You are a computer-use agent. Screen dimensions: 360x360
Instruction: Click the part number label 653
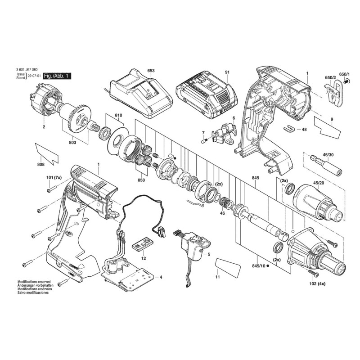pyautogui.click(x=151, y=71)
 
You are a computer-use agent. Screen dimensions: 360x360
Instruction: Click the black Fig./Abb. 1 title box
pyautogui.click(x=57, y=76)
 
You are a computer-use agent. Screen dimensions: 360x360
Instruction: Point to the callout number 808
pyautogui.click(x=40, y=164)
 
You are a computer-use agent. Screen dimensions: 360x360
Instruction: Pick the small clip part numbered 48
pyautogui.click(x=289, y=129)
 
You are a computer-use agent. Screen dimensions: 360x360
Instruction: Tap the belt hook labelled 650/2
pyautogui.click(x=333, y=91)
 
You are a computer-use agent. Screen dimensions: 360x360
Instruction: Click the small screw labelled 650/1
pyautogui.click(x=347, y=81)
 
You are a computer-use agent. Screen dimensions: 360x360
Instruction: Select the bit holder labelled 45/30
pyautogui.click(x=326, y=165)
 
